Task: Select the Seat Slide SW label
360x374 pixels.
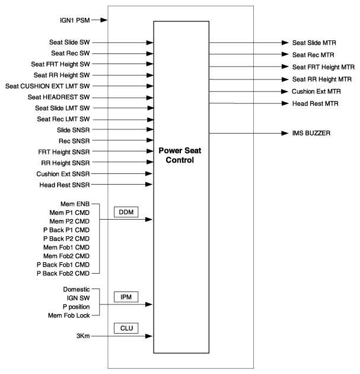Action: [69, 43]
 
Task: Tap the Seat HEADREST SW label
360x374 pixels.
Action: [62, 97]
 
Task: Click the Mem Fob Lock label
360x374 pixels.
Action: [66, 315]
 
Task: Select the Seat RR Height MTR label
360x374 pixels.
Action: [321, 79]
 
